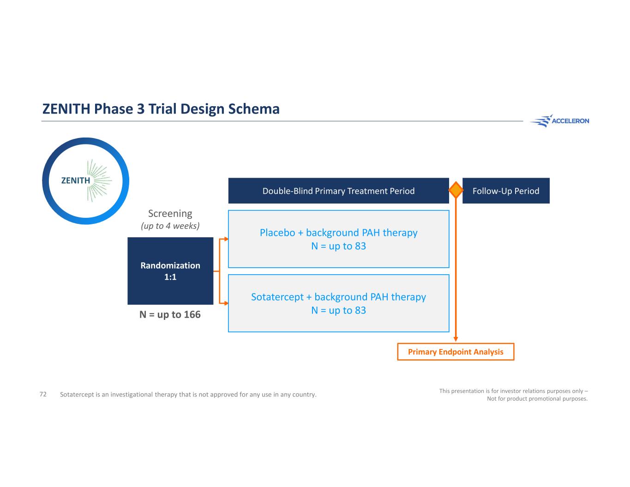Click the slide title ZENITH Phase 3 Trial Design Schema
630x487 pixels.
[161, 109]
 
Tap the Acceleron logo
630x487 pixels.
[560, 120]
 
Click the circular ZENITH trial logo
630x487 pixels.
[86, 181]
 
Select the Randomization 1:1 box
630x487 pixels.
[170, 271]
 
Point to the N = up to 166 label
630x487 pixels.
[170, 314]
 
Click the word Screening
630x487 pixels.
[170, 214]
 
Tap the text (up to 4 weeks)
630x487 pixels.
[170, 226]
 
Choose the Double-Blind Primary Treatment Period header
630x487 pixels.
[339, 191]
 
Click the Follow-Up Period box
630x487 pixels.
[506, 191]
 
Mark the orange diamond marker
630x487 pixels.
[456, 190]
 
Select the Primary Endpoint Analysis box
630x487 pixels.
[456, 352]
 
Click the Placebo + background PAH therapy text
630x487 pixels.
[339, 233]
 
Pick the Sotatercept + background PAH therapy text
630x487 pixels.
[339, 297]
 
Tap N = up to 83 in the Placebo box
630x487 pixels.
[339, 246]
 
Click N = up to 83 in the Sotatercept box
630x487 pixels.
[339, 311]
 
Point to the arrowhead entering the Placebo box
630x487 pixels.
[227, 239]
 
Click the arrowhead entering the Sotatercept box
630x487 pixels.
[227, 303]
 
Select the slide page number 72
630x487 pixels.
[43, 394]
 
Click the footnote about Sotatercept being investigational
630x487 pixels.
[188, 395]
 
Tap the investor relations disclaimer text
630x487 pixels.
[513, 395]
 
